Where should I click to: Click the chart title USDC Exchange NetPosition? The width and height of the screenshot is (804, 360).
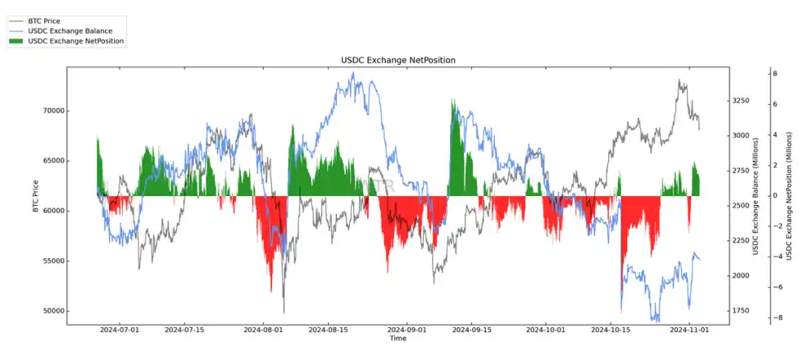point(397,60)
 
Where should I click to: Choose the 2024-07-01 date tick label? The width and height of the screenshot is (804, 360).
point(120,330)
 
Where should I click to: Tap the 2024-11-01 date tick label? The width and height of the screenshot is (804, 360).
point(688,330)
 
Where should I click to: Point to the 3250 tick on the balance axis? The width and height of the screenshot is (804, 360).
point(741,101)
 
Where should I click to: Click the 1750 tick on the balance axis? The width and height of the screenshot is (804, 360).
point(741,311)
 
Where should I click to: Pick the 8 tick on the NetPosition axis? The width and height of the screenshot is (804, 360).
point(775,74)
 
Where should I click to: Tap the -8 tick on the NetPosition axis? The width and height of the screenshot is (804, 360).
point(774,317)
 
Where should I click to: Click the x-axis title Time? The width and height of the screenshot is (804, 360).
point(397,339)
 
